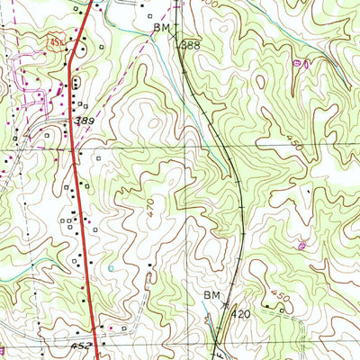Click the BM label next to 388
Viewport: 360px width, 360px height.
click(x=163, y=29)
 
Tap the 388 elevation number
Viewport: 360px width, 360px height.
click(x=190, y=43)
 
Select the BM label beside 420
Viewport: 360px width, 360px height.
click(x=212, y=295)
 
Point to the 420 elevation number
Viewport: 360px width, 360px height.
click(x=239, y=314)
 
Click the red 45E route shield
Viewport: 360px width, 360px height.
click(x=58, y=42)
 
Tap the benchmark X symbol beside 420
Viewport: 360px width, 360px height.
click(x=225, y=306)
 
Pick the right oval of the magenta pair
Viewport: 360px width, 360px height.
click(x=308, y=63)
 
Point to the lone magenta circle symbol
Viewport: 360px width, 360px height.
click(x=300, y=244)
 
